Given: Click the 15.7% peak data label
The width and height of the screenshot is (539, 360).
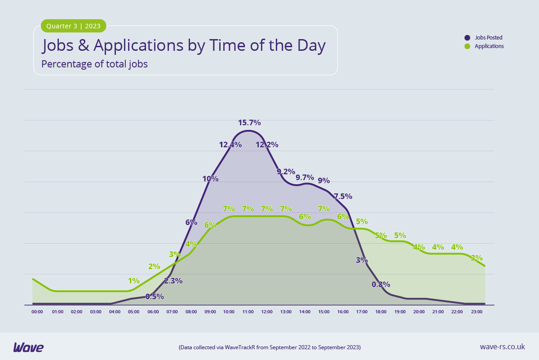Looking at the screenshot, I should coord(249,123).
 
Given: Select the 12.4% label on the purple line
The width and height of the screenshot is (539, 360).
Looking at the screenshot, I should coord(230,145).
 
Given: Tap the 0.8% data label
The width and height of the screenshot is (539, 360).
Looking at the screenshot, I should coord(381,284).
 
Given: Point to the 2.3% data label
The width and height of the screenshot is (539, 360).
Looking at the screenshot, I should coord(173,281).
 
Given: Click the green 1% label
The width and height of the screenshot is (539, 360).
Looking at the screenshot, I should coord(134,280).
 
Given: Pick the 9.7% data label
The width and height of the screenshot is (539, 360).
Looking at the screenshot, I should coord(305,177).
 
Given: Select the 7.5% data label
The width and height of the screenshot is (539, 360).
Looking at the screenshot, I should coord(343,196).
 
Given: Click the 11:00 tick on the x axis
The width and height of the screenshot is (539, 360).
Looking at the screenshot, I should coord(248,311).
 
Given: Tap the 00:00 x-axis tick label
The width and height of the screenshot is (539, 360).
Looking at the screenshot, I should coord(37,311).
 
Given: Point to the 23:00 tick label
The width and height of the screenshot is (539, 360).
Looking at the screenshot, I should coord(477,311).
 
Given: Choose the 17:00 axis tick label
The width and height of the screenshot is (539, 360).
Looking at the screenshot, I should coord(362,311).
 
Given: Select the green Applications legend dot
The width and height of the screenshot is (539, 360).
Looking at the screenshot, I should coord(467,46).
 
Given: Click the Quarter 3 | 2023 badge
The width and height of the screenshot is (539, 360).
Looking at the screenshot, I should coord(74,26).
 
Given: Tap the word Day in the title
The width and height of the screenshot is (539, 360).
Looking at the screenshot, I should coord(310,46).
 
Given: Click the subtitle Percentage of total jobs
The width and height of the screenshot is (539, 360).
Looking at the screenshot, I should coord(94,64).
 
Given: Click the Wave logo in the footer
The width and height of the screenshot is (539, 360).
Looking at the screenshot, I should coord(28,347).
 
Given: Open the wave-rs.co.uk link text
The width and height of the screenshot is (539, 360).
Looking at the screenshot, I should coord(502,347).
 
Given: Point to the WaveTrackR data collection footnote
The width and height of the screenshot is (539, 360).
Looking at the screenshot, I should coord(269,347).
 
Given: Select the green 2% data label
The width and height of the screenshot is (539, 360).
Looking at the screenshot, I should coord(154,266).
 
